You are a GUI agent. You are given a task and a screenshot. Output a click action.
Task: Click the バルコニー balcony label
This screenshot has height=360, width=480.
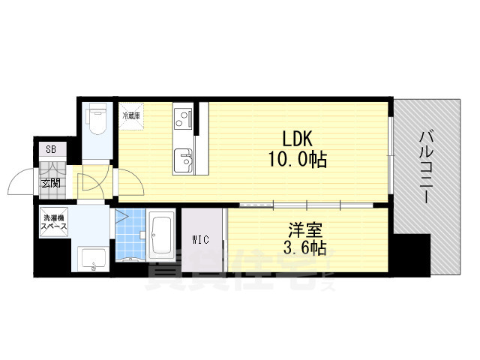(x=425, y=168)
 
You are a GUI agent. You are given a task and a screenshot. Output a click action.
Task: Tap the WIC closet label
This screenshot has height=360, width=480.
(x=200, y=240)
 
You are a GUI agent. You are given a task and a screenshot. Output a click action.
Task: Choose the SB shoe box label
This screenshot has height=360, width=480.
(x=51, y=148)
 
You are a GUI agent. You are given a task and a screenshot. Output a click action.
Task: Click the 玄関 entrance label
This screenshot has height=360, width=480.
(x=50, y=183)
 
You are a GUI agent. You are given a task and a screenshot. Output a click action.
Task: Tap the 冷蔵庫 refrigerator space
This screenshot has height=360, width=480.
(x=133, y=115)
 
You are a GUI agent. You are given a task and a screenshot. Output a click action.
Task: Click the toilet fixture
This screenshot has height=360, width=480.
(x=96, y=119)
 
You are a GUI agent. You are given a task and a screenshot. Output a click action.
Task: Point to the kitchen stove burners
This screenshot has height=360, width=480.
(x=182, y=117)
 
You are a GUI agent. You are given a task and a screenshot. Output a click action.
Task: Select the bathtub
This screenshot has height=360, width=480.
(x=161, y=234)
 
